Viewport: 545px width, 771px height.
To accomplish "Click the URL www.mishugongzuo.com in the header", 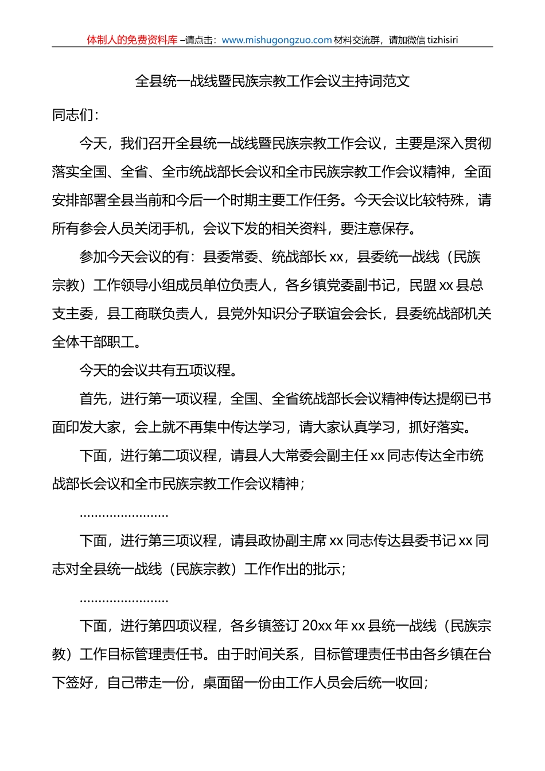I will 277,40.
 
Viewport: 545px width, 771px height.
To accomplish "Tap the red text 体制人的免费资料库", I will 132,40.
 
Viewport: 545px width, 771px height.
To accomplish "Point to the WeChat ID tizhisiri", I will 442,40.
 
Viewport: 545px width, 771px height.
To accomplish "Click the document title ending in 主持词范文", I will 272,81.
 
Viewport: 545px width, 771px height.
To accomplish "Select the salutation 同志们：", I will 76,115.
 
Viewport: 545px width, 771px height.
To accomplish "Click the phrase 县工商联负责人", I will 155,314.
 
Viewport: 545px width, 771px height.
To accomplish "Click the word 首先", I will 93,399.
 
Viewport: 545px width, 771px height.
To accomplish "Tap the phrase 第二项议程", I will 182,455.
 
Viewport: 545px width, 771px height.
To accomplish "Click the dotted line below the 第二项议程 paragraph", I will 124,515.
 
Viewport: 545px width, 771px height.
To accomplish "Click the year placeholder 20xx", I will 317,626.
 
